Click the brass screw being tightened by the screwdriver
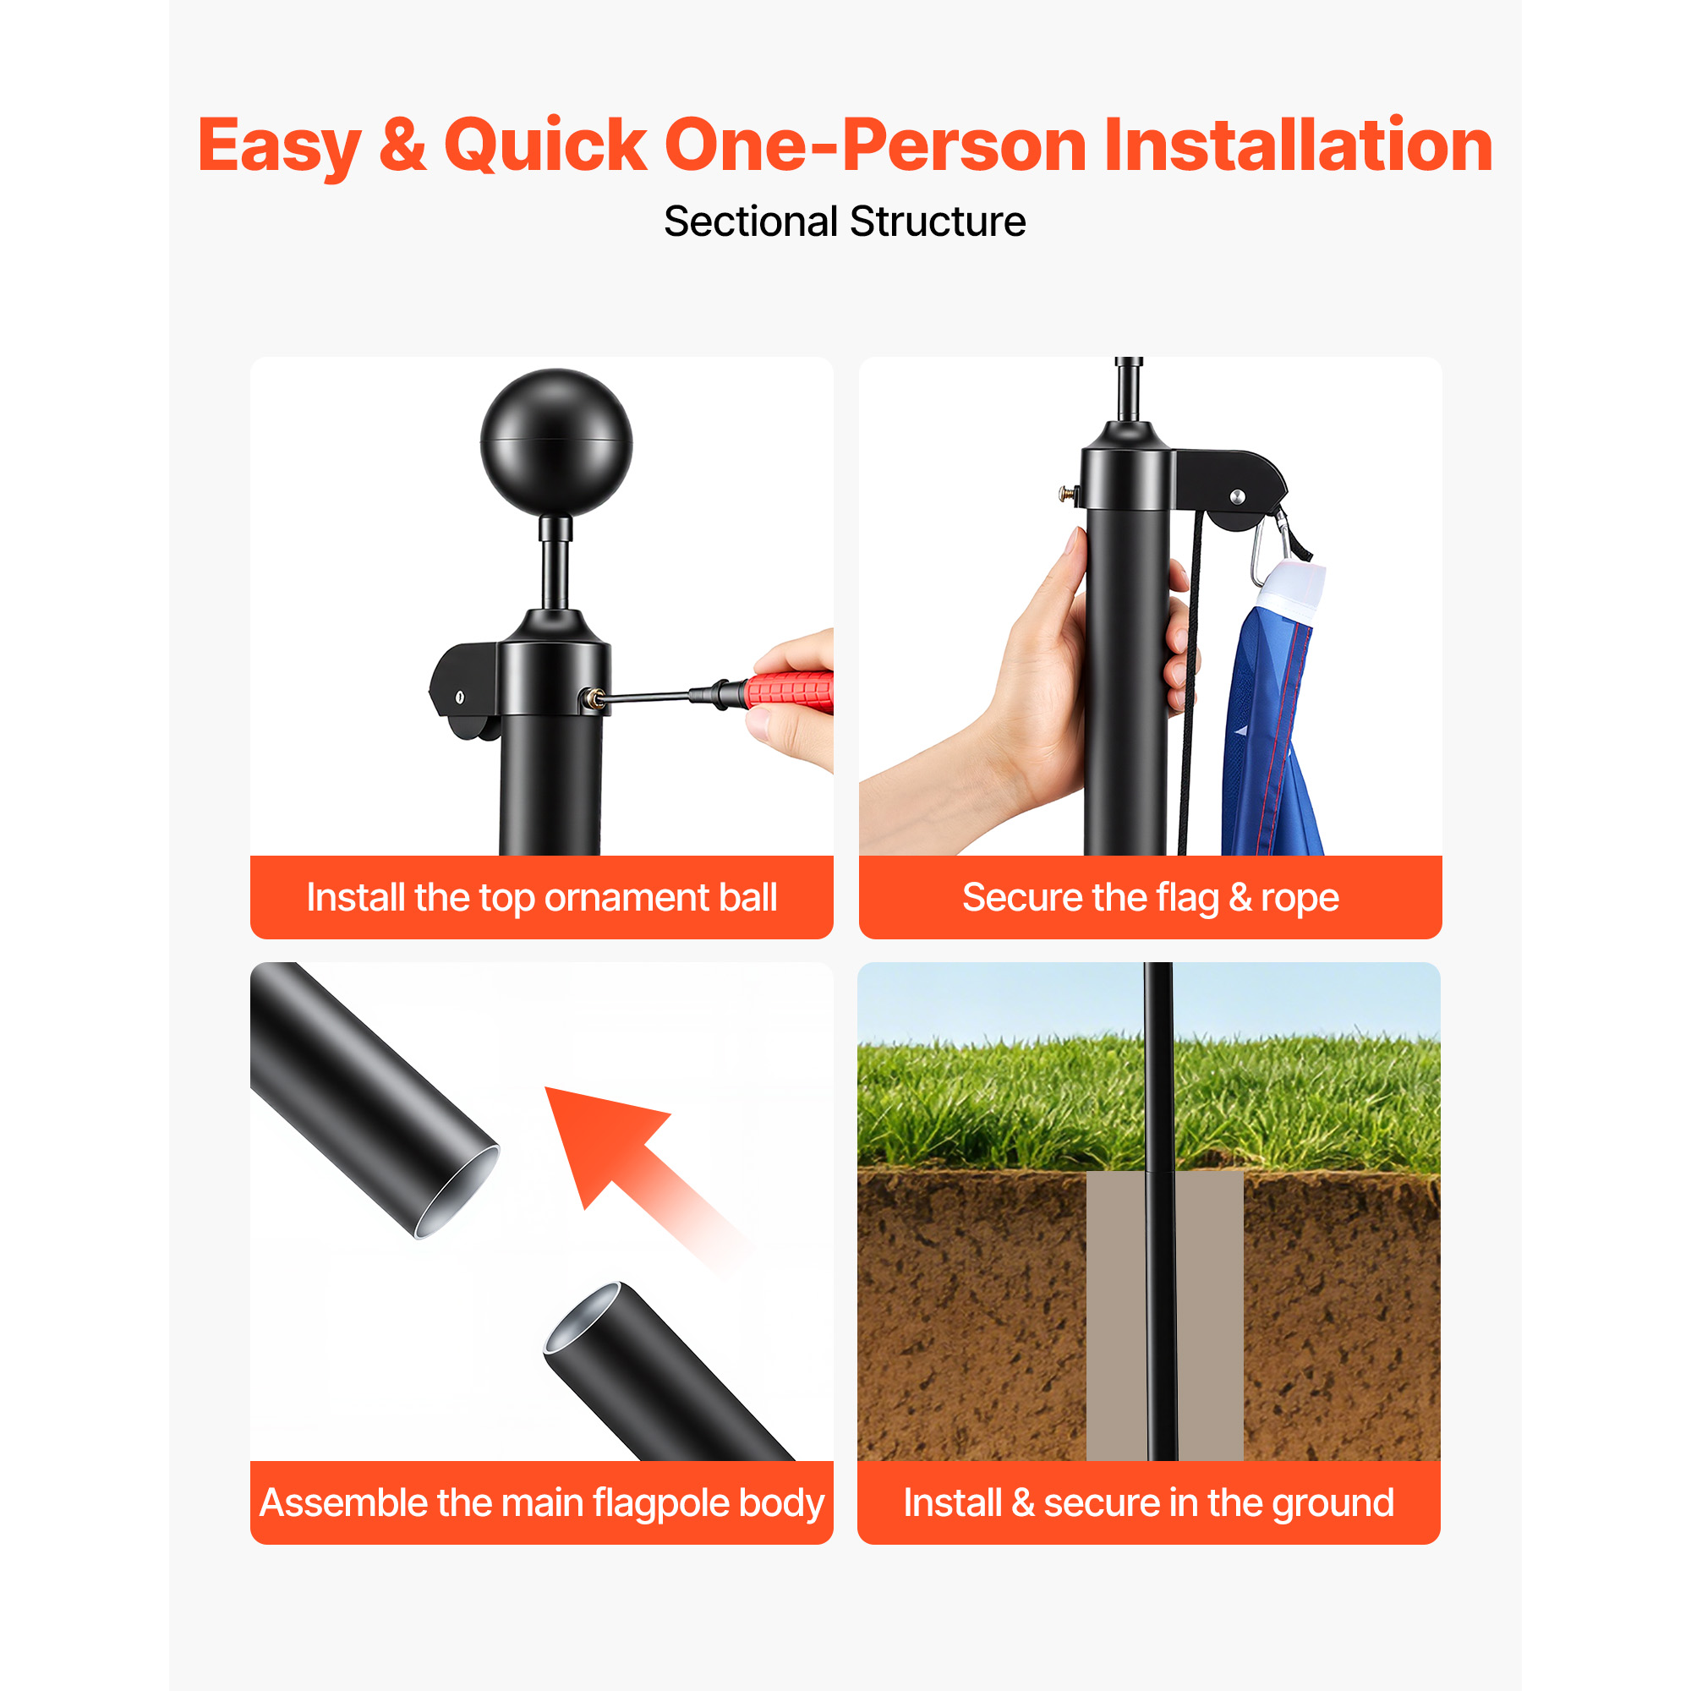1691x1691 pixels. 594,698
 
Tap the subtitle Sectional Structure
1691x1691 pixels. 845,222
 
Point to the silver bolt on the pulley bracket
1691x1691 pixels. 1237,497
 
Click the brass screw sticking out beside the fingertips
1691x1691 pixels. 1068,495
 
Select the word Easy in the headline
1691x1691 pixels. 279,147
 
